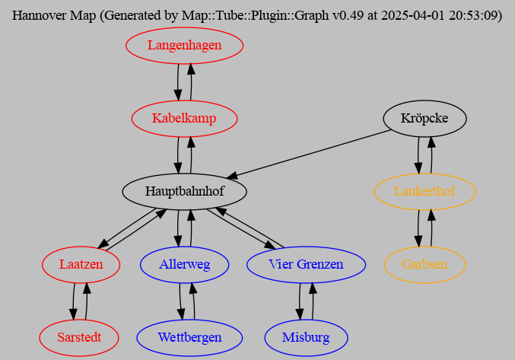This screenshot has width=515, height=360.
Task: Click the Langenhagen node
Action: pos(184,46)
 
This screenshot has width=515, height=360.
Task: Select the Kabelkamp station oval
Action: pos(184,119)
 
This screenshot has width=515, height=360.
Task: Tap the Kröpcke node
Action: pos(424,119)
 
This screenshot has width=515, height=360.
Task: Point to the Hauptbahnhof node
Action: pos(184,191)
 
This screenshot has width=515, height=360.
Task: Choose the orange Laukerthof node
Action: pos(424,191)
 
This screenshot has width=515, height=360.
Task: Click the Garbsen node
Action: pos(424,264)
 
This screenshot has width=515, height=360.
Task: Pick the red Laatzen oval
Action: pos(80,264)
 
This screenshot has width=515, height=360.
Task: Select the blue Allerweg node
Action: pos(184,264)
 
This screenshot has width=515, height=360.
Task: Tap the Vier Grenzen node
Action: pos(306,264)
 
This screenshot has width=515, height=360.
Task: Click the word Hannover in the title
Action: pos(38,15)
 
